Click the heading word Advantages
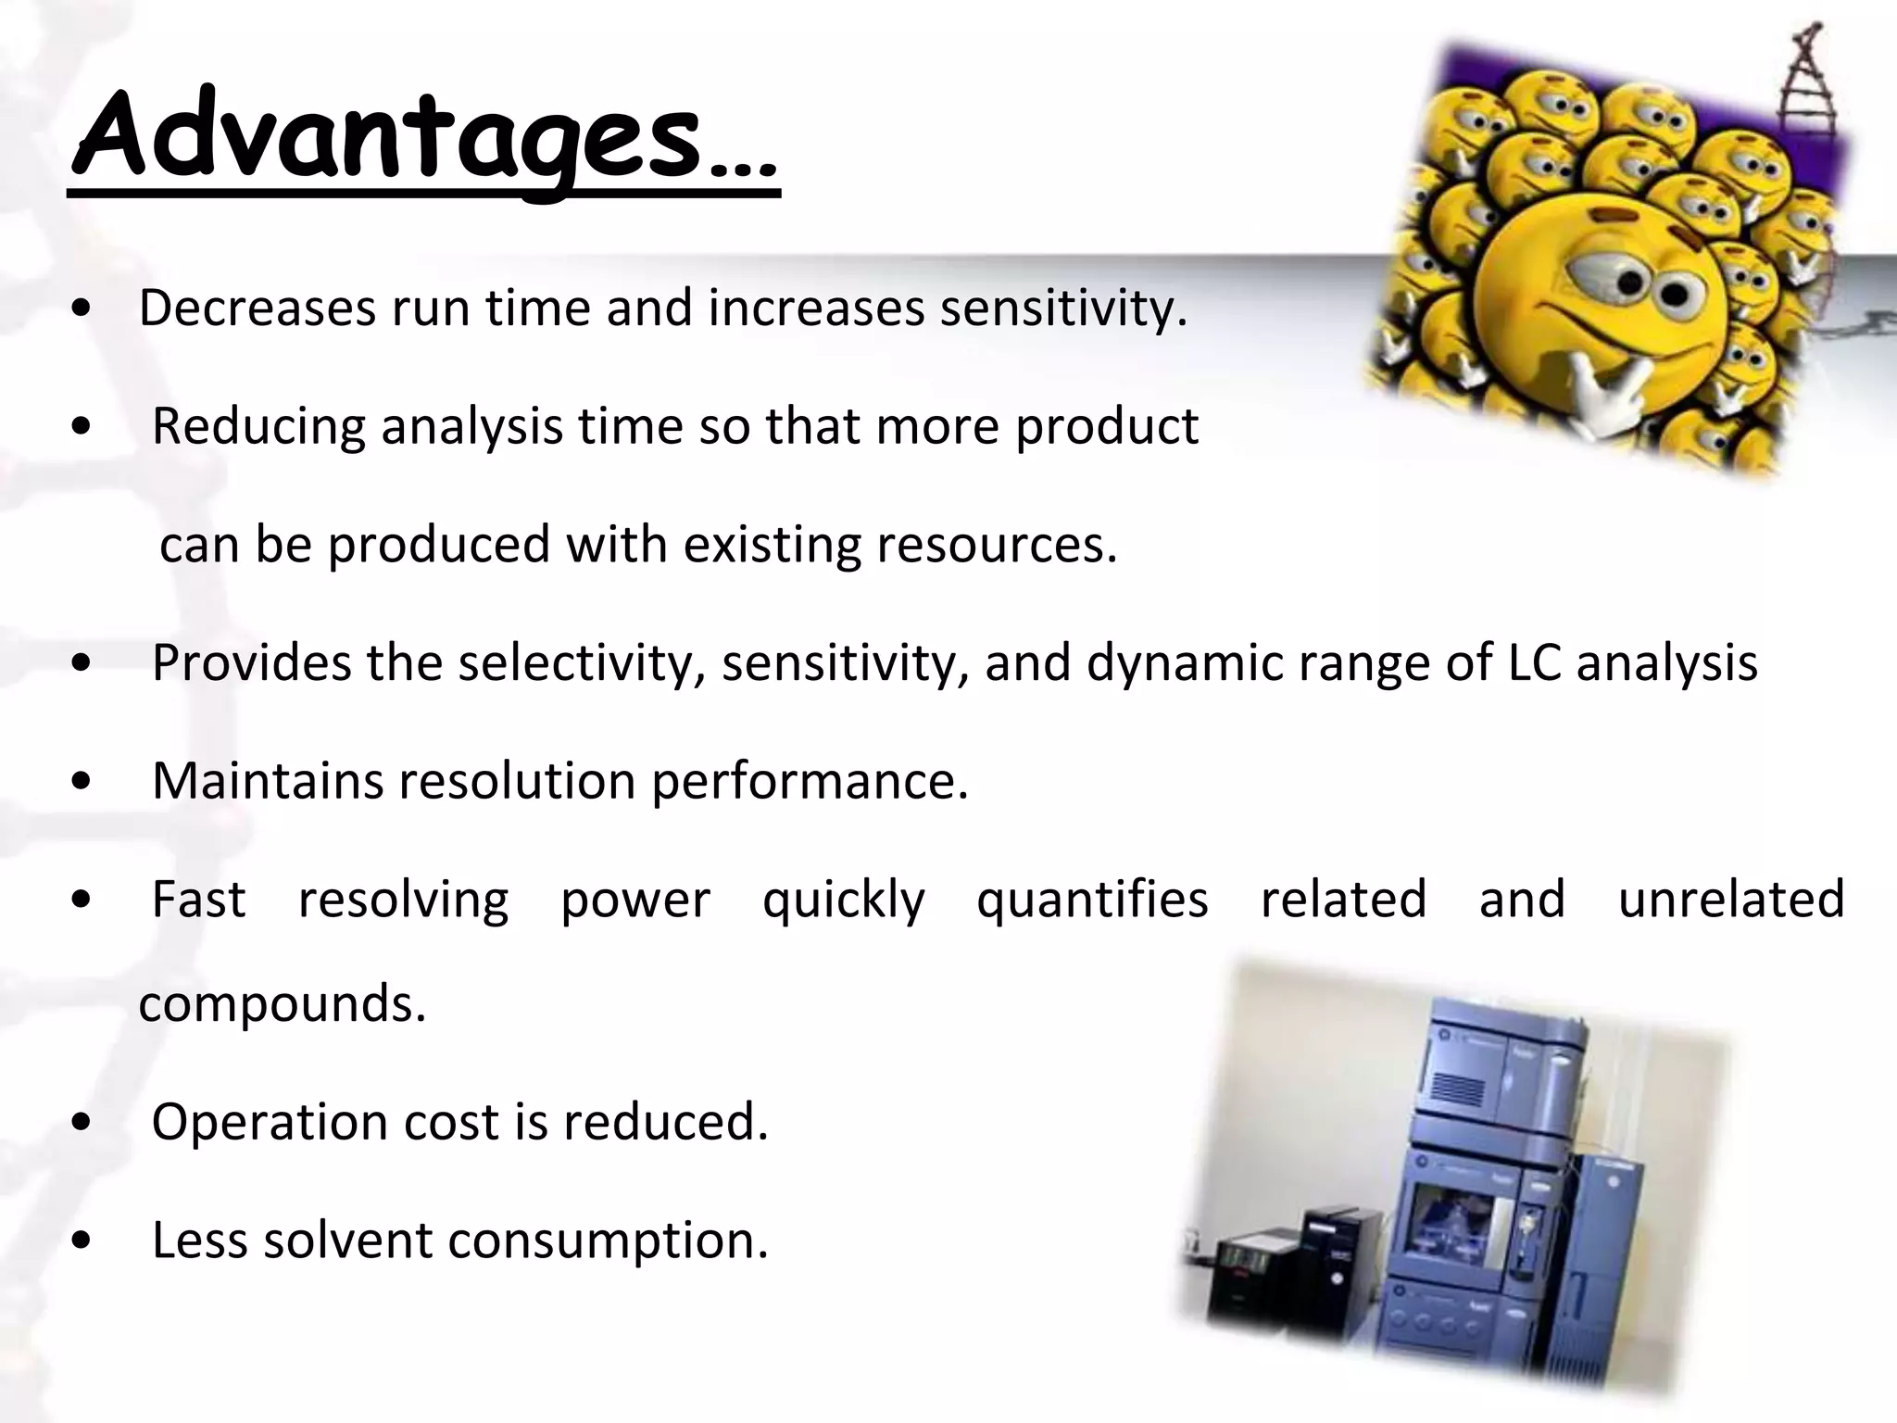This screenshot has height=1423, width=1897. (389, 137)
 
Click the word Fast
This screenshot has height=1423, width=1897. (198, 899)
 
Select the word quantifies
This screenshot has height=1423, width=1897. (1092, 899)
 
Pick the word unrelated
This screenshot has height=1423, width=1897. (1731, 899)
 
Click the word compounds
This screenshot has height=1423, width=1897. (282, 1003)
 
